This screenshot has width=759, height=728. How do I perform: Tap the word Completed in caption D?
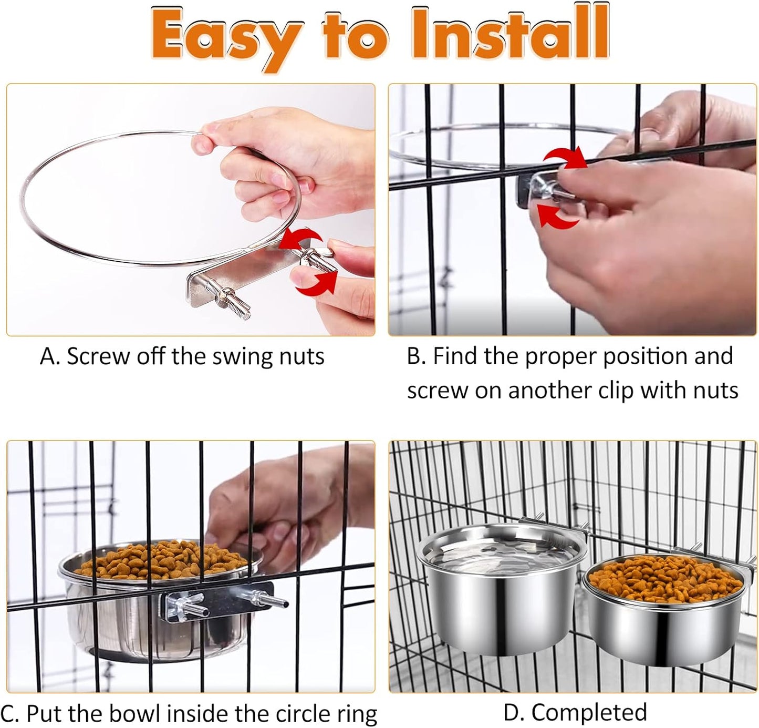tap(589, 712)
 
